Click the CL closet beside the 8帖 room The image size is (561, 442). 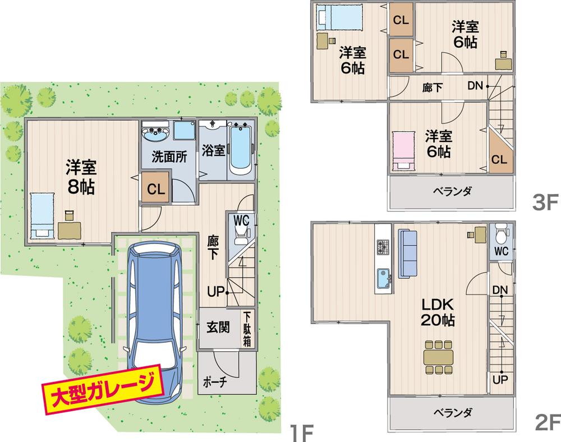pos(155,189)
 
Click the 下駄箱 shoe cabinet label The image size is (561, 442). pos(246,328)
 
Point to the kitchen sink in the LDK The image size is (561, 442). pos(384,278)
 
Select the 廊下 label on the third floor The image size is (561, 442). pos(433,87)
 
